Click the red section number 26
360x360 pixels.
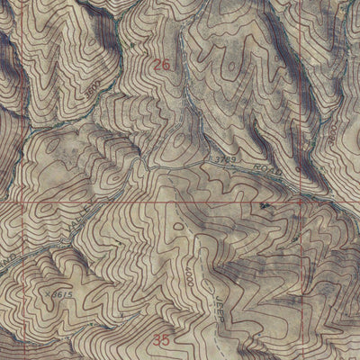161,65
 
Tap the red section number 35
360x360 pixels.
161,340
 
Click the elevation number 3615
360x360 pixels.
58,294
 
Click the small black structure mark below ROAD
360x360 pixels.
264,206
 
